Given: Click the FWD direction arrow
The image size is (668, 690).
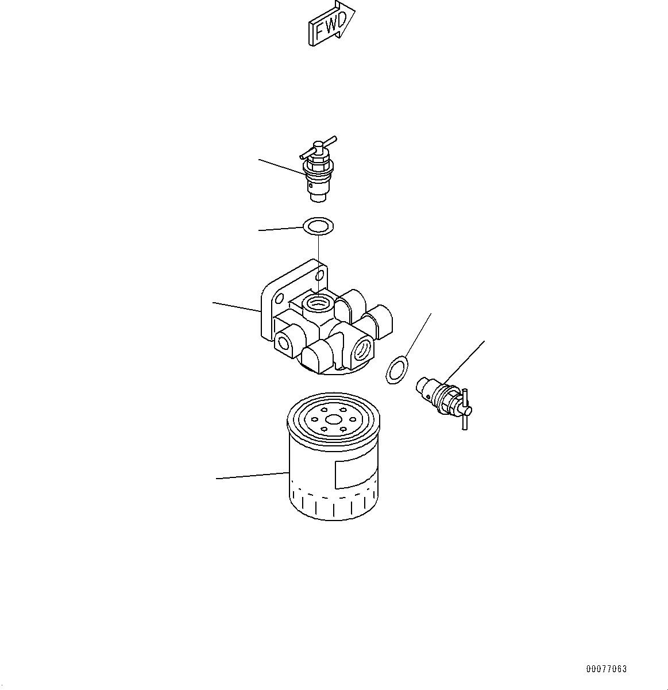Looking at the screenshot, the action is [x=331, y=24].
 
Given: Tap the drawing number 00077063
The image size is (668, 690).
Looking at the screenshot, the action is [x=607, y=669].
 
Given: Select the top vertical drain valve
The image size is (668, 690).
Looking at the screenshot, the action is [x=318, y=169].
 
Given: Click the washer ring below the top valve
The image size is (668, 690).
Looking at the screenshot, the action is [x=318, y=226].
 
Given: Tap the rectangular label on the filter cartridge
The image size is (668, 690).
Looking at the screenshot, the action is [x=356, y=472].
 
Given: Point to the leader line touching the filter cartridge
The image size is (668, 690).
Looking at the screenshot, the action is [x=253, y=476].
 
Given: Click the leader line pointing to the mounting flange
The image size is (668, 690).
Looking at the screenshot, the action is [x=237, y=307].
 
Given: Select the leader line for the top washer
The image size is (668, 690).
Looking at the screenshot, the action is [x=281, y=229].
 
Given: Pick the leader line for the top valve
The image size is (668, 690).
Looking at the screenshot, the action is [x=282, y=167].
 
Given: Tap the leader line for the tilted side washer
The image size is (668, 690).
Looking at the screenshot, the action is [x=418, y=335].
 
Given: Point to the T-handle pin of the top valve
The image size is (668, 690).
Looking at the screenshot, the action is [x=318, y=148].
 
